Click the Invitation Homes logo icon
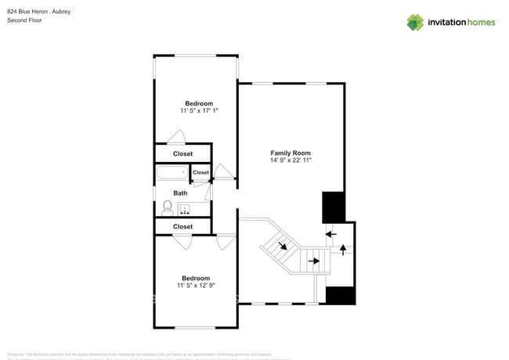(414, 22)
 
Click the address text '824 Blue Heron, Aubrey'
(38, 12)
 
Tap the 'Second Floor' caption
(24, 20)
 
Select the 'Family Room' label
(291, 153)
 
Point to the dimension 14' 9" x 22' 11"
(291, 160)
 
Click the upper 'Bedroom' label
(199, 103)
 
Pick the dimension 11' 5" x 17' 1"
(199, 111)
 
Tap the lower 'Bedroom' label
(196, 278)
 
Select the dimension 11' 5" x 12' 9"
(196, 286)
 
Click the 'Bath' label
(180, 193)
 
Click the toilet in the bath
(167, 207)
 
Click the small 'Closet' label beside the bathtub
(201, 172)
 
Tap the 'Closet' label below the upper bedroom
(182, 154)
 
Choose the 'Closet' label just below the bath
(182, 227)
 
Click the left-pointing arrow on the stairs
(331, 233)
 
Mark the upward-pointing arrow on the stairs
(342, 250)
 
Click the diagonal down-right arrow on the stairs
(283, 246)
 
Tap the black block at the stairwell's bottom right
(341, 296)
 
